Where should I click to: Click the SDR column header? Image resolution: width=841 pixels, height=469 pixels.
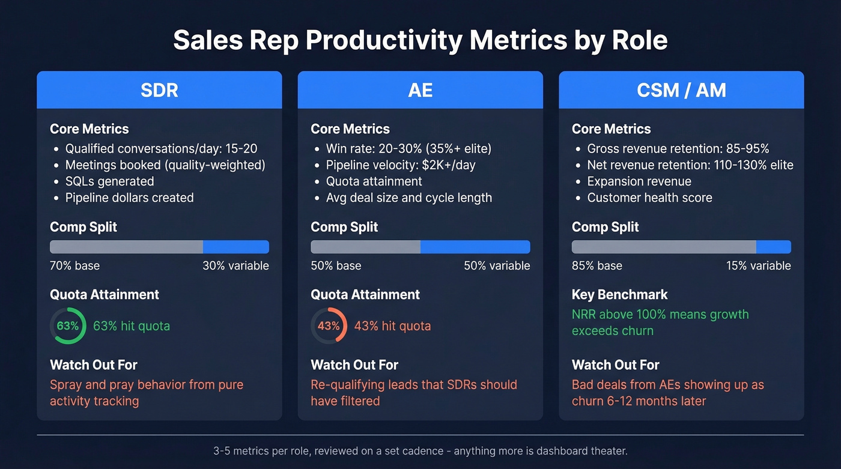pyautogui.click(x=159, y=90)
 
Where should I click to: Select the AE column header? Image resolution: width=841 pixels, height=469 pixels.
pyautogui.click(x=420, y=90)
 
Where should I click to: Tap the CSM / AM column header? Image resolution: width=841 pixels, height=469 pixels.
pyautogui.click(x=681, y=90)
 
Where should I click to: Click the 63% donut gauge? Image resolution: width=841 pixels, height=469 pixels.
pyautogui.click(x=68, y=326)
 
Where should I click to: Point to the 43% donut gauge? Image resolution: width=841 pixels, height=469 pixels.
pyautogui.click(x=329, y=326)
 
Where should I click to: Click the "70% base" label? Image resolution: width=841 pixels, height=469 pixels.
pyautogui.click(x=75, y=265)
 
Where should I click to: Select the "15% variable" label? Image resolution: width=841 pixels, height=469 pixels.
pyautogui.click(x=758, y=265)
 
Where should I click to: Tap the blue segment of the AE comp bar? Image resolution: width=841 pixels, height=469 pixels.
pyautogui.click(x=475, y=247)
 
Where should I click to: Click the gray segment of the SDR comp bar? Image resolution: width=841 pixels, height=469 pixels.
pyautogui.click(x=126, y=247)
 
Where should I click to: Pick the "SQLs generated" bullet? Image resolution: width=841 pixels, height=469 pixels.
pyautogui.click(x=109, y=181)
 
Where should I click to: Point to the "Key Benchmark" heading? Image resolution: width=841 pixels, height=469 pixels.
pyautogui.click(x=619, y=295)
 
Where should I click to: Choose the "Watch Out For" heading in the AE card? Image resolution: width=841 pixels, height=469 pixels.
pyautogui.click(x=354, y=365)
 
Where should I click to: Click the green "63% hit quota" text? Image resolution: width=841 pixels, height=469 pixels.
pyautogui.click(x=132, y=326)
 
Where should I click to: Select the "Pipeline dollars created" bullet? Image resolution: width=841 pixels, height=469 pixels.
pyautogui.click(x=129, y=198)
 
